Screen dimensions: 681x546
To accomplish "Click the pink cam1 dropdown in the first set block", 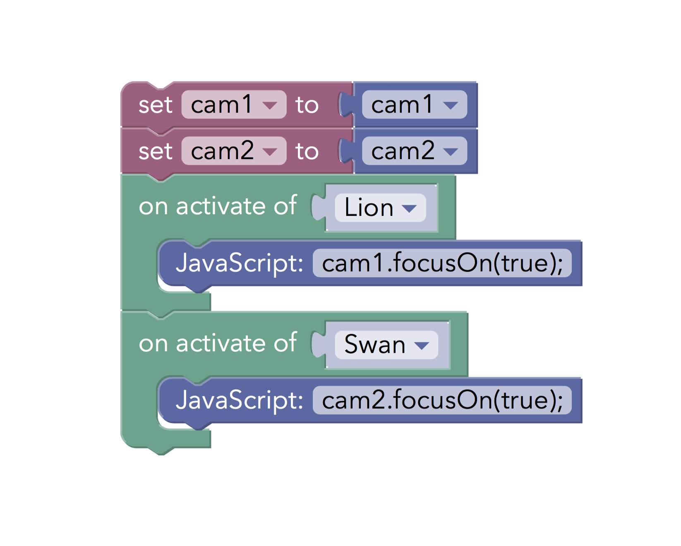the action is pos(234,104).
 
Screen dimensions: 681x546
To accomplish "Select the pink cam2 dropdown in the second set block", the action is pos(234,151).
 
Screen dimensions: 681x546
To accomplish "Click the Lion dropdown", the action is pos(380,208).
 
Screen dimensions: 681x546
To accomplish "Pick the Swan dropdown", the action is pos(386,345).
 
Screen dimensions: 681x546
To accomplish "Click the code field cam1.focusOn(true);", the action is pos(442,263).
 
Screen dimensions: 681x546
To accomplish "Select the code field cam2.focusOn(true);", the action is pos(442,400).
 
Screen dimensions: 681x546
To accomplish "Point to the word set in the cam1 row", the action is pos(156,105).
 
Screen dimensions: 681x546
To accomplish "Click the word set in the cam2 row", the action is pos(156,152).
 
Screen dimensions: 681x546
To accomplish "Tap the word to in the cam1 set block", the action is pos(307,105).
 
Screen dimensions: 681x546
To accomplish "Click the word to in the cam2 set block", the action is pos(307,151).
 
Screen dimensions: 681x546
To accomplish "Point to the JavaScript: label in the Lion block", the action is pos(240,263).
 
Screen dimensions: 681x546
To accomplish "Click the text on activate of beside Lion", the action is pos(218,205).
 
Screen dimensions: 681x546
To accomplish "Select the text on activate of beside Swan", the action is pos(218,343).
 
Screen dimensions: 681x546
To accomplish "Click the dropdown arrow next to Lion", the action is pos(409,208).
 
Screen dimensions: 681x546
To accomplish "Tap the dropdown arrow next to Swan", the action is pos(422,345).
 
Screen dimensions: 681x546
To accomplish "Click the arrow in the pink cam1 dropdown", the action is pos(270,105).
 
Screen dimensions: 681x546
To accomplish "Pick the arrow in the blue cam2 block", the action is pos(451,152).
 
